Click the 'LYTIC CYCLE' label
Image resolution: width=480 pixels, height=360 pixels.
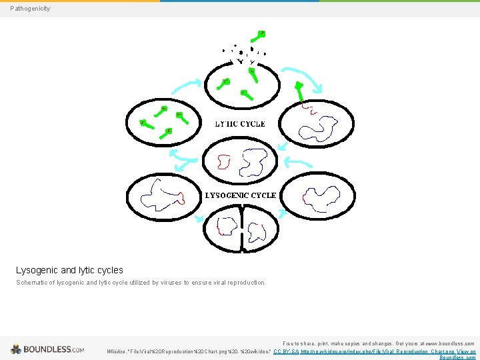coord(239,124)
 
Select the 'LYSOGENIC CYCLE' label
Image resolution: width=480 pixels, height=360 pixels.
coord(240,195)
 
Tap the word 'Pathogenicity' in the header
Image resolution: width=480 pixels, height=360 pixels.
coord(30,9)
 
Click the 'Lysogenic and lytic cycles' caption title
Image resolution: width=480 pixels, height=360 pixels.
coord(69,270)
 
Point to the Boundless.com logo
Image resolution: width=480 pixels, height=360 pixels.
coord(47,349)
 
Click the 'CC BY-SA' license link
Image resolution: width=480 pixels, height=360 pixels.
coord(287,351)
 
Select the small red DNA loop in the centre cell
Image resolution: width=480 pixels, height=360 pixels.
coord(223,161)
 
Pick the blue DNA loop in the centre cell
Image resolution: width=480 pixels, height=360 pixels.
coord(254,161)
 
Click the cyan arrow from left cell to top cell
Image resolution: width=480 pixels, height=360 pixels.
coord(186,85)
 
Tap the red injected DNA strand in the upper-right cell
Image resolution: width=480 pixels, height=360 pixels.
coord(308,107)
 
